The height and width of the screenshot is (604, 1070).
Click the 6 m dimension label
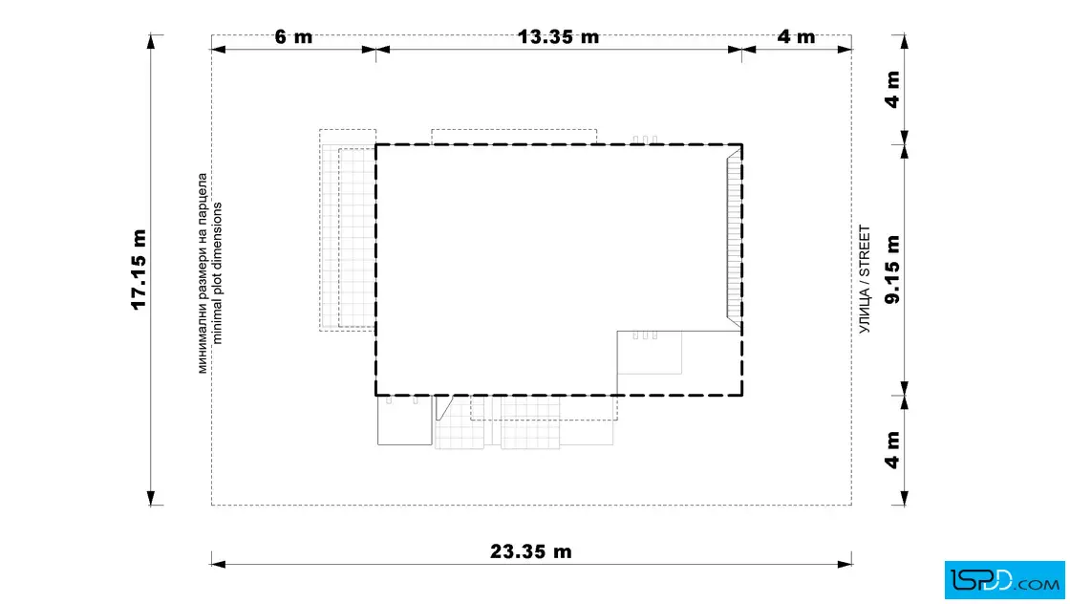pos(293,37)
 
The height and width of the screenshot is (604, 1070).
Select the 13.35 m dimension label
pos(558,37)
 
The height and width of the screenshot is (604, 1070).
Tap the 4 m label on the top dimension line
pos(797,37)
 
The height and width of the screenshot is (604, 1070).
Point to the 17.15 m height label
pos(139,270)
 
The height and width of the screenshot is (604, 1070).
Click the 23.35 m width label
pos(531,551)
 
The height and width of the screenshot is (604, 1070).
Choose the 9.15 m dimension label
pos(892,270)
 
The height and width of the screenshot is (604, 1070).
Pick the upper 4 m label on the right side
pos(892,90)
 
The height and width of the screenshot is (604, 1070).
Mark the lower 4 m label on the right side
pos(892,450)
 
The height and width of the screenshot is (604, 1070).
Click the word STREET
pos(865,251)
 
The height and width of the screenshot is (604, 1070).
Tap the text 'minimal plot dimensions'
pos(217,273)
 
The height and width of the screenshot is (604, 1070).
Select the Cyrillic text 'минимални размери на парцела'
pos(203,273)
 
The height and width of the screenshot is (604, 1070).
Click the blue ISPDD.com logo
pos(1004,580)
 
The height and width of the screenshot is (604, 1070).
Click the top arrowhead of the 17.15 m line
pos(151,42)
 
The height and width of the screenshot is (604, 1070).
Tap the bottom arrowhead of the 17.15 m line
pos(151,498)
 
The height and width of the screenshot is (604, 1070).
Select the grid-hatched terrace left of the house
pos(348,230)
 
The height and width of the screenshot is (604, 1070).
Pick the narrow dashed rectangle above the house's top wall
pos(514,137)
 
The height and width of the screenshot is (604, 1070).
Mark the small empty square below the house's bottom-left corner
pos(405,421)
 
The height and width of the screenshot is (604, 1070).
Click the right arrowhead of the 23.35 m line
pos(845,565)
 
